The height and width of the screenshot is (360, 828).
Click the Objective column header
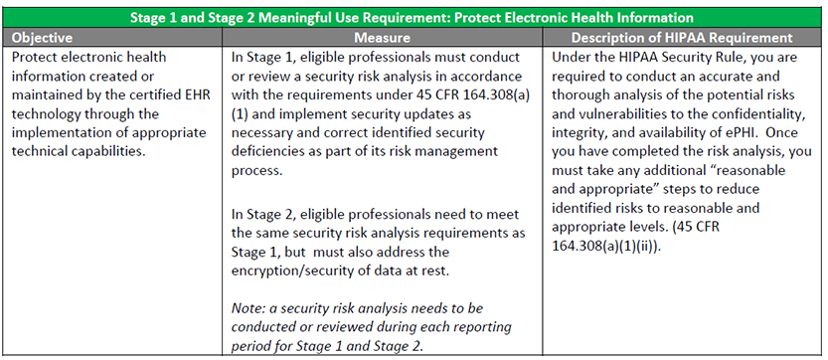pos(42,38)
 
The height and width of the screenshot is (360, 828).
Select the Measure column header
pos(382,38)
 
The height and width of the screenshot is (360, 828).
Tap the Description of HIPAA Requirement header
pos(682,38)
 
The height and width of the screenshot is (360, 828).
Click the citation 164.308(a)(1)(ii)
pos(605,247)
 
